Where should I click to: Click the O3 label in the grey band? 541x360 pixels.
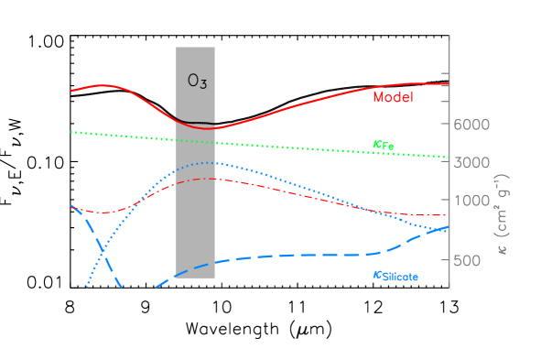click(197, 81)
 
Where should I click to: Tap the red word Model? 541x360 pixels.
click(393, 96)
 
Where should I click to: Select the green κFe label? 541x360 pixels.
click(384, 146)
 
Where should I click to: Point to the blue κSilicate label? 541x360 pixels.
click(395, 276)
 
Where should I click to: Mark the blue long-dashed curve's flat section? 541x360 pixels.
click(311, 255)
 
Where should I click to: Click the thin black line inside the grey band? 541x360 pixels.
click(196, 122)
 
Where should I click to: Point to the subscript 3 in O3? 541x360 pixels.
click(203, 83)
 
